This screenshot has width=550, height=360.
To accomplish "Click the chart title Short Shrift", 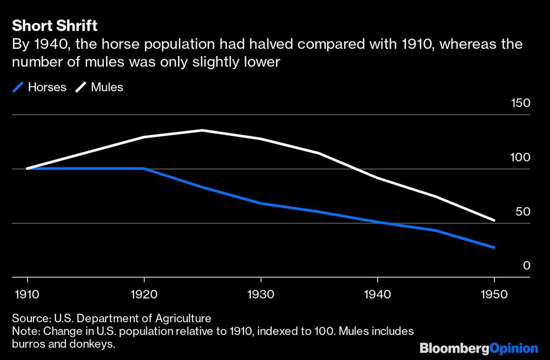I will tap(54, 26).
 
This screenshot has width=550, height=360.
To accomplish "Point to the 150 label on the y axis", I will tap(520, 103).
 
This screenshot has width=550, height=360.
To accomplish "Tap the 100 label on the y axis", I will tap(520, 157).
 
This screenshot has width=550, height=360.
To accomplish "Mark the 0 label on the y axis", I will tap(526, 265).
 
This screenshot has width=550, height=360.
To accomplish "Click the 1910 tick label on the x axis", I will tap(28, 295).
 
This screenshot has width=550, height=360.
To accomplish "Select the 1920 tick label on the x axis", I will tap(144, 295).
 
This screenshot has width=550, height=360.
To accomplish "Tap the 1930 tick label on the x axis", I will tap(261, 295).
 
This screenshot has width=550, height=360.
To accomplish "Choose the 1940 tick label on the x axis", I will tap(377, 295).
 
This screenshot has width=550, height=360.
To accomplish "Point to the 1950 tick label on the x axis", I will tap(494, 295).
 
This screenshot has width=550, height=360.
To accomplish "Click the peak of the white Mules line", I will tap(202, 130).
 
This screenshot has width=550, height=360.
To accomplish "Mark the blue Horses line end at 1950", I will tap(494, 247).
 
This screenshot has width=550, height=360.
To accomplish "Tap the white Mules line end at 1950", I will tap(494, 220).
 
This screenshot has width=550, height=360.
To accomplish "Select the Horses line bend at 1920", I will tap(144, 168).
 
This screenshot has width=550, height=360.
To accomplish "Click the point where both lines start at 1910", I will tap(28, 168).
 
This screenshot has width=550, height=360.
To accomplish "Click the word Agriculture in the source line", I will tap(183, 319).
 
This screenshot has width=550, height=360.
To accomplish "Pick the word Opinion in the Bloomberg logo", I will tap(513, 348).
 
